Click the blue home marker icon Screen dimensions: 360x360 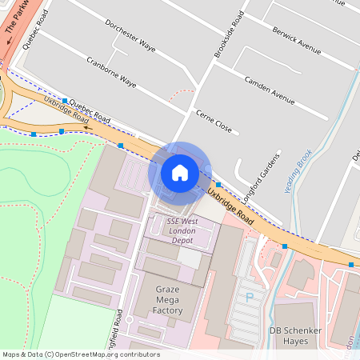(180, 172)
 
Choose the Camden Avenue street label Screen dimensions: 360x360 (271, 90)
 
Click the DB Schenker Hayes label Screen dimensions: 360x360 (300, 335)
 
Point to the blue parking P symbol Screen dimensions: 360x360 (250, 297)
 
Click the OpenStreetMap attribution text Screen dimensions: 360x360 (80, 354)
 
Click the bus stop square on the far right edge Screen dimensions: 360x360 (351, 263)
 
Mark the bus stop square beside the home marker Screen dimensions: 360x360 (218, 185)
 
